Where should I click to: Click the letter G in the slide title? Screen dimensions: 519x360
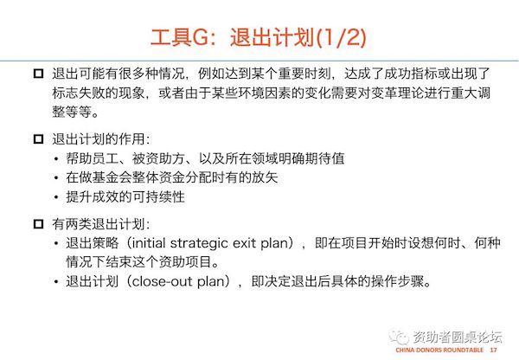(201, 37)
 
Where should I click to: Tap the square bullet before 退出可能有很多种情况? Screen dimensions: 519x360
(38, 74)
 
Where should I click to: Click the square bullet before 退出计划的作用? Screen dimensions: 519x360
(38, 138)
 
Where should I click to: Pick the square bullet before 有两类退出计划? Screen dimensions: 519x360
(38, 224)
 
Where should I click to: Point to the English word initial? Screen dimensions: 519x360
(149, 243)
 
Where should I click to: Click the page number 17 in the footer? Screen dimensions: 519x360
(494, 350)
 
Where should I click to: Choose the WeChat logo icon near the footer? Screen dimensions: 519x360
(399, 337)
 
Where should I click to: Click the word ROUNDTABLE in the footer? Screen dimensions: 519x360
(463, 350)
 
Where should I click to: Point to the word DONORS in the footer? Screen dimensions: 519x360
(429, 350)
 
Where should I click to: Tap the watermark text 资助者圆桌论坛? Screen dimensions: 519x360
(458, 337)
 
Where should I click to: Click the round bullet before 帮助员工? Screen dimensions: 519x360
(56, 159)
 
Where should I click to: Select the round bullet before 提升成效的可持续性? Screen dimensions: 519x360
(56, 197)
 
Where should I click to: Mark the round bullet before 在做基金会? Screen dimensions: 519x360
(56, 178)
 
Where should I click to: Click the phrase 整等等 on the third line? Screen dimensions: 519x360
(72, 112)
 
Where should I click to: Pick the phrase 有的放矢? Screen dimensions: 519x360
(251, 177)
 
